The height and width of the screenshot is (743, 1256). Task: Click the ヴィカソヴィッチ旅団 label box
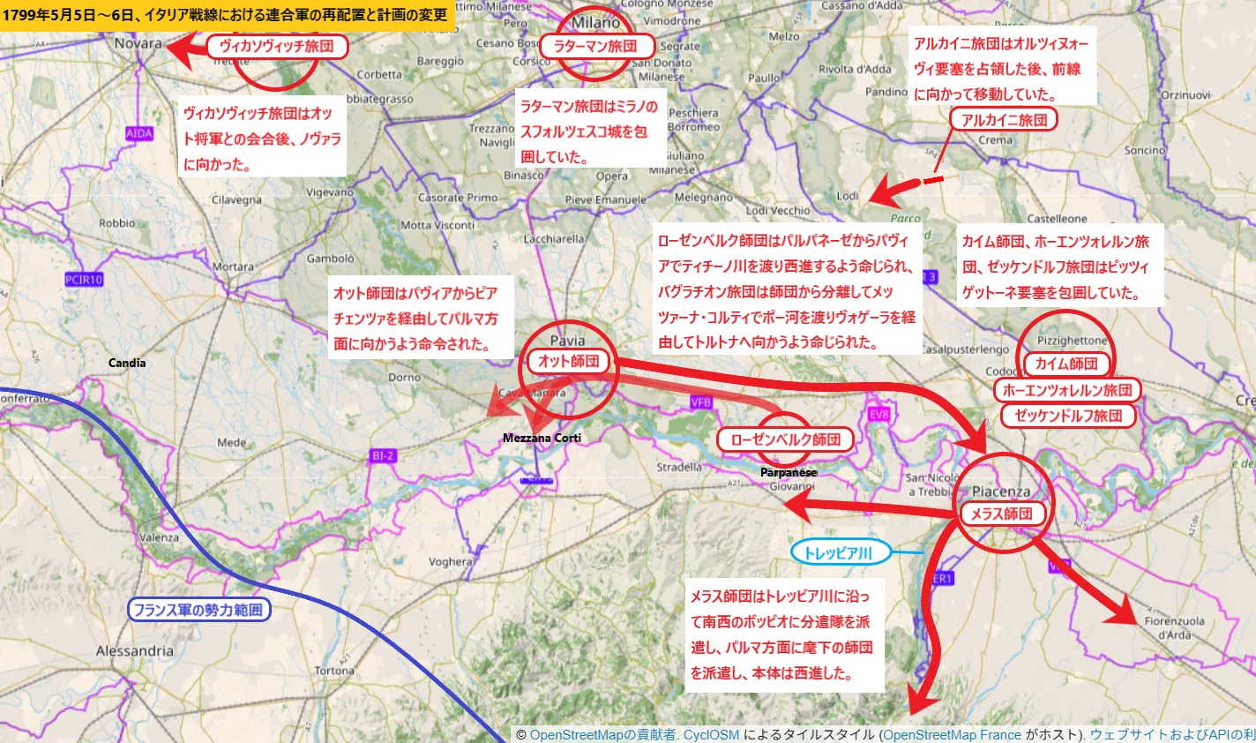(x=277, y=47)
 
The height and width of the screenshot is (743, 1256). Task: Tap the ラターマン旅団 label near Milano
(x=595, y=47)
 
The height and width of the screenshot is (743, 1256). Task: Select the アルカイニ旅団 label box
(x=1004, y=120)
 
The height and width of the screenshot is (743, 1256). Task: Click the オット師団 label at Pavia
(x=569, y=360)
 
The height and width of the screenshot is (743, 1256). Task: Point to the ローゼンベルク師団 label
(x=786, y=439)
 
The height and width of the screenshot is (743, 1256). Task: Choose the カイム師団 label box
(x=1066, y=364)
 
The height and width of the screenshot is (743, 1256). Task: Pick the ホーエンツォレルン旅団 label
(x=1067, y=390)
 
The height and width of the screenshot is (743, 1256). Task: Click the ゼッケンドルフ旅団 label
(x=1068, y=416)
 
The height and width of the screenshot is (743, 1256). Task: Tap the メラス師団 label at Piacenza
(x=1001, y=514)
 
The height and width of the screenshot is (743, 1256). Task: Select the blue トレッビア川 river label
(x=841, y=553)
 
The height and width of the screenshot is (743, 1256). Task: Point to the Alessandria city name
(x=135, y=651)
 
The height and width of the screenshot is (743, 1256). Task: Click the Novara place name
(x=138, y=43)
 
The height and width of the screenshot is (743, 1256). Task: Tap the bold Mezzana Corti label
(x=542, y=438)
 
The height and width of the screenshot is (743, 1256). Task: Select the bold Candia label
(x=127, y=363)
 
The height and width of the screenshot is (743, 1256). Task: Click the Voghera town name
(x=450, y=561)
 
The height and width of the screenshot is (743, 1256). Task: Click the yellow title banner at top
(x=226, y=14)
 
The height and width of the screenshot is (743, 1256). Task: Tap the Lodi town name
(x=847, y=196)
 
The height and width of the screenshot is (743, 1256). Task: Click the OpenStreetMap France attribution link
(x=952, y=735)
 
